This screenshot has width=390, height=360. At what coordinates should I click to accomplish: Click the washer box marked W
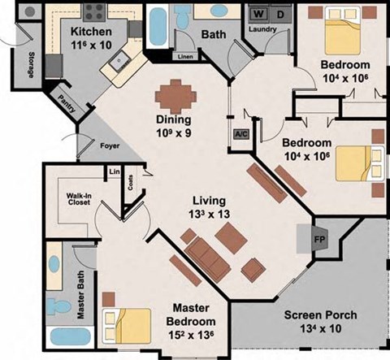tap(258, 15)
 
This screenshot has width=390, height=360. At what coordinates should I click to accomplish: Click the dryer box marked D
tap(280, 15)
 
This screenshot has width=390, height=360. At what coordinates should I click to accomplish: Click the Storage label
tap(31, 63)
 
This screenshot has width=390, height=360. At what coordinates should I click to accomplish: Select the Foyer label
tap(110, 146)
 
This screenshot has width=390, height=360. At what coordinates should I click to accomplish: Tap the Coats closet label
tap(132, 184)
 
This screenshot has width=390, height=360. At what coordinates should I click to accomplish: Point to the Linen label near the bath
tap(184, 58)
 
